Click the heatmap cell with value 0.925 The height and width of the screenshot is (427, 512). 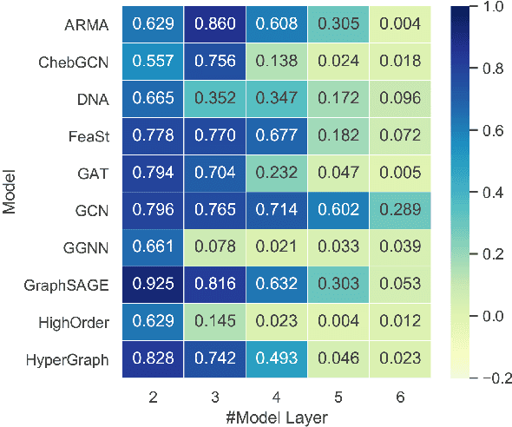pyautogui.click(x=153, y=283)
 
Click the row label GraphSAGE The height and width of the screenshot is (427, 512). pyautogui.click(x=73, y=283)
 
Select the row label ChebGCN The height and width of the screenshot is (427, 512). pyautogui.click(x=76, y=62)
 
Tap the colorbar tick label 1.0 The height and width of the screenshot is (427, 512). pyautogui.click(x=491, y=7)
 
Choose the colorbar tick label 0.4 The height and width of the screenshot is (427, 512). pyautogui.click(x=491, y=191)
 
